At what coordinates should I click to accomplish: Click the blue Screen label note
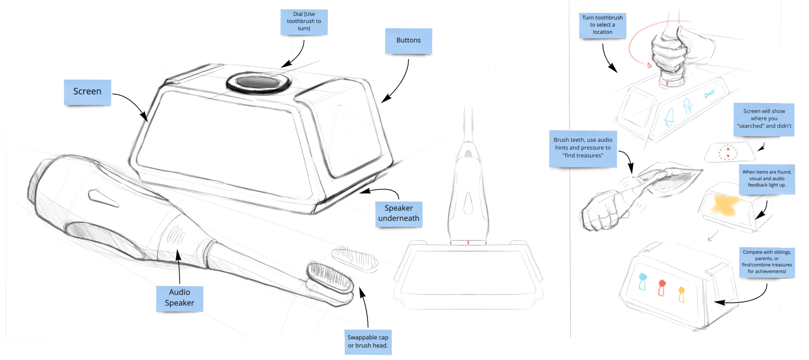coord(87,92)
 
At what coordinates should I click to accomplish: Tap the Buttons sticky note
coord(408,41)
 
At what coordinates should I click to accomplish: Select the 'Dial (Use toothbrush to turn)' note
coord(304,22)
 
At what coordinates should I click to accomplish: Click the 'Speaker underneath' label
coord(399,214)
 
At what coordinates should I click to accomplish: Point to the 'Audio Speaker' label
coord(179,298)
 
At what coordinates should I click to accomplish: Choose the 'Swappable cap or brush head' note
coord(368,342)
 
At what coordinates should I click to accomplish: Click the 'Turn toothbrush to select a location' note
coord(602,26)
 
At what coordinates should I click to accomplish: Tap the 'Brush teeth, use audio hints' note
coord(583,149)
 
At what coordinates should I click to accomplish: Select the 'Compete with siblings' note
coord(767,263)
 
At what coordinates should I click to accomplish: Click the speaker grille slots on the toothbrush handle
coord(176,235)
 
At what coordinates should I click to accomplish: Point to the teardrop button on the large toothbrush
coord(103,198)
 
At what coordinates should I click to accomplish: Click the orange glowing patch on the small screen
coord(724,205)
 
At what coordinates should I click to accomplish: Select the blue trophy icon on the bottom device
coord(642,282)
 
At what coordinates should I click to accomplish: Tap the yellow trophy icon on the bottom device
coord(682,295)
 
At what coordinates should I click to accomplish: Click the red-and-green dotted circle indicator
coord(728,152)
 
